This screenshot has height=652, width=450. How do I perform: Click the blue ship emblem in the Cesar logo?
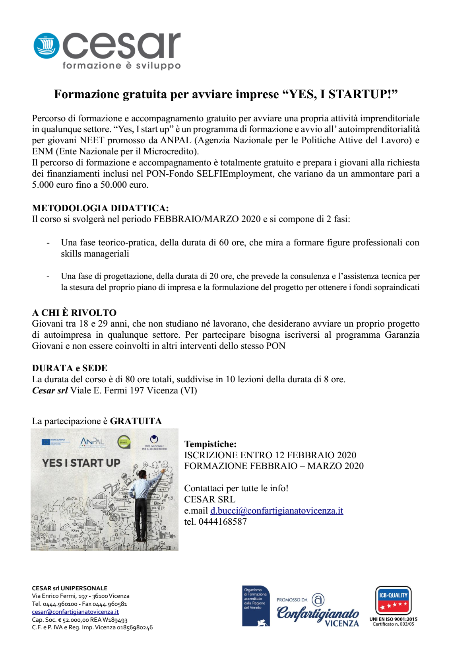[x=47, y=46]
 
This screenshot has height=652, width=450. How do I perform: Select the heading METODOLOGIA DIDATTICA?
[x=100, y=208]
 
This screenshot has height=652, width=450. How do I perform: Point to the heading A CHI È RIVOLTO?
[x=74, y=313]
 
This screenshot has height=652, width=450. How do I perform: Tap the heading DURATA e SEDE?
[x=70, y=368]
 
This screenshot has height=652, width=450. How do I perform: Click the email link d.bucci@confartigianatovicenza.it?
[x=276, y=511]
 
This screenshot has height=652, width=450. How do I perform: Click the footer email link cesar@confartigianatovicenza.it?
[x=75, y=612]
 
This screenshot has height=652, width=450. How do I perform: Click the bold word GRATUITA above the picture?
[x=136, y=421]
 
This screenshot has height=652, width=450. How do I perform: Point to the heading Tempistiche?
[x=210, y=444]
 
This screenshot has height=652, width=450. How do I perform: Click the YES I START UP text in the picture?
[x=81, y=463]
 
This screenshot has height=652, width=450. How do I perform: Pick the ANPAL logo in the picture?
[x=92, y=442]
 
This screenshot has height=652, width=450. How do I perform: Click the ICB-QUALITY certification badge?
[x=393, y=601]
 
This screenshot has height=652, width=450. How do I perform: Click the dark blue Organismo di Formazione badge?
[x=256, y=606]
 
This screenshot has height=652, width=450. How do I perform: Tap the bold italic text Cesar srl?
[x=50, y=390]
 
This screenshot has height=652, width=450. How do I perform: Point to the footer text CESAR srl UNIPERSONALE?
[x=70, y=588]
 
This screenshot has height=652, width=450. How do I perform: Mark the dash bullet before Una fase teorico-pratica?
[x=48, y=243]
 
